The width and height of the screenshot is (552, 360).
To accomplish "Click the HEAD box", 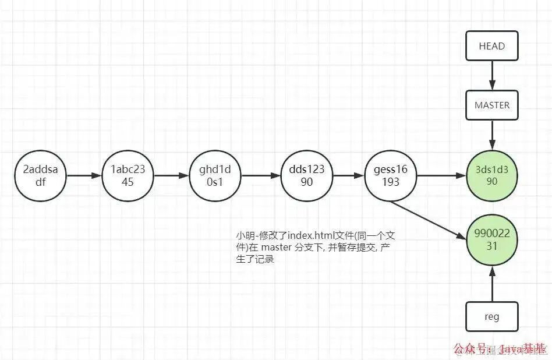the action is [492, 46].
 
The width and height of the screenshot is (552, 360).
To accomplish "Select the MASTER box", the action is [492, 105].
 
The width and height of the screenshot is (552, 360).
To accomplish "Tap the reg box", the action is [492, 317].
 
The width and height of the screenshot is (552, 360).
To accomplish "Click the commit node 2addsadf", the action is [41, 175].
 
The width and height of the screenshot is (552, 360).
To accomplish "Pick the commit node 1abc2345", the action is [128, 175].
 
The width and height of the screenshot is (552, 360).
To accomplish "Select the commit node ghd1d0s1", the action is [215, 175].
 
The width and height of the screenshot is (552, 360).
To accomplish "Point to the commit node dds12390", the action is [306, 175].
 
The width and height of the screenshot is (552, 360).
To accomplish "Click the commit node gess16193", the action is [390, 175].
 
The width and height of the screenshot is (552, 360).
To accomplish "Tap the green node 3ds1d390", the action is [492, 175].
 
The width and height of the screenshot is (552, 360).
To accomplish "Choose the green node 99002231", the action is [492, 240].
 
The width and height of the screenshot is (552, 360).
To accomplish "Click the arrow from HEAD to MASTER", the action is [492, 75].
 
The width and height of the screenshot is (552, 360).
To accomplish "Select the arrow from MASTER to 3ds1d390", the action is [492, 136].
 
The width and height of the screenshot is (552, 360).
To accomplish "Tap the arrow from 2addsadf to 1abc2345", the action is [84, 175].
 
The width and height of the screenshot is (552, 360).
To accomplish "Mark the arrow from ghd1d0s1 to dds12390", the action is [260, 175].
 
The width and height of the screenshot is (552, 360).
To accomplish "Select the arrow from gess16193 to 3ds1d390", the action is [441, 175].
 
